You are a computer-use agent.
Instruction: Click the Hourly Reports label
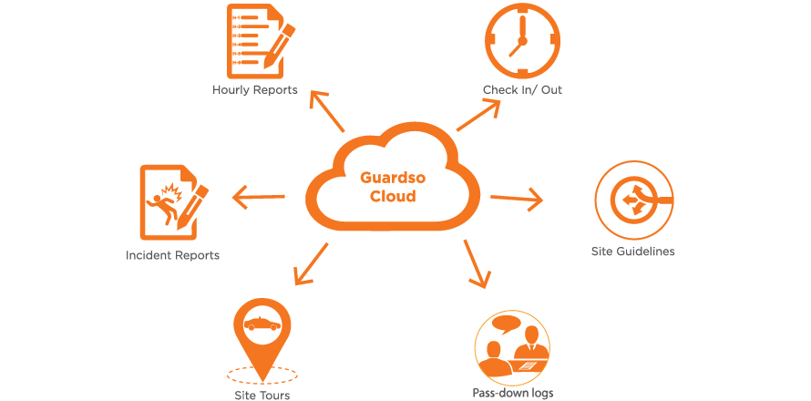[255, 89]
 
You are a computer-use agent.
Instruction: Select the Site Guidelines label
[633, 251]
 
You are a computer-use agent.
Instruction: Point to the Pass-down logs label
[513, 393]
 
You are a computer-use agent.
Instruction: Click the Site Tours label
[262, 395]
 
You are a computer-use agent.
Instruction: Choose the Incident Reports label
[172, 255]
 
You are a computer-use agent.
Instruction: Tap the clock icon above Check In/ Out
[522, 41]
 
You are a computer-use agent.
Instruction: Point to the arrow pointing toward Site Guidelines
[517, 198]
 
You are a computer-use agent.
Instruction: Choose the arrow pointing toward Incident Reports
[260, 195]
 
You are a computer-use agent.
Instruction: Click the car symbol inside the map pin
[262, 323]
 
